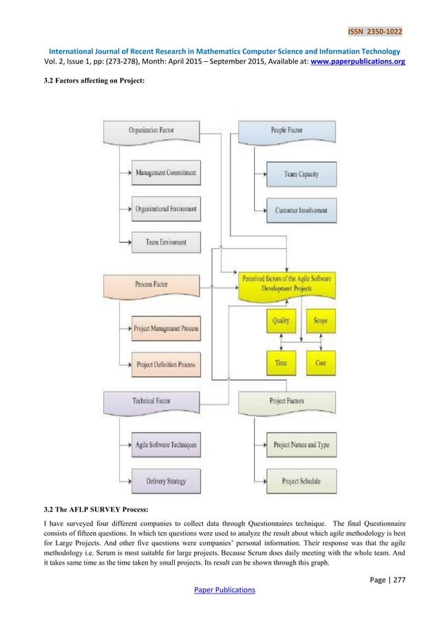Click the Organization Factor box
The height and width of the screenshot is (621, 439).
pos(151,131)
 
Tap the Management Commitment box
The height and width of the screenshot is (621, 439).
pos(165,173)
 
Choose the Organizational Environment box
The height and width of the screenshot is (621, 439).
pos(165,207)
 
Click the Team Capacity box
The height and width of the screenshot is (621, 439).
pos(301,175)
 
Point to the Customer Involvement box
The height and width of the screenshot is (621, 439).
pos(301,210)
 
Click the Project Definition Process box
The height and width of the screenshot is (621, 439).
pos(165,364)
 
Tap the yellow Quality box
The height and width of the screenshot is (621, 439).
pos(280,321)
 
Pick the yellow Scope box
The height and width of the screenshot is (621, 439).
pos(320,321)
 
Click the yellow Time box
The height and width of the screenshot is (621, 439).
pos(280,362)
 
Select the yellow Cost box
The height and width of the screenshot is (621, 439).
pos(320,362)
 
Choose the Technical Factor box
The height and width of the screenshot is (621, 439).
pos(151,401)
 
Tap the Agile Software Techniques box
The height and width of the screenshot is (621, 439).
pos(165,445)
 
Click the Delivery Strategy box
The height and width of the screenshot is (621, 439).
pos(165,480)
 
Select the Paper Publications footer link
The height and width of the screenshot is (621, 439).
pos(219,590)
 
